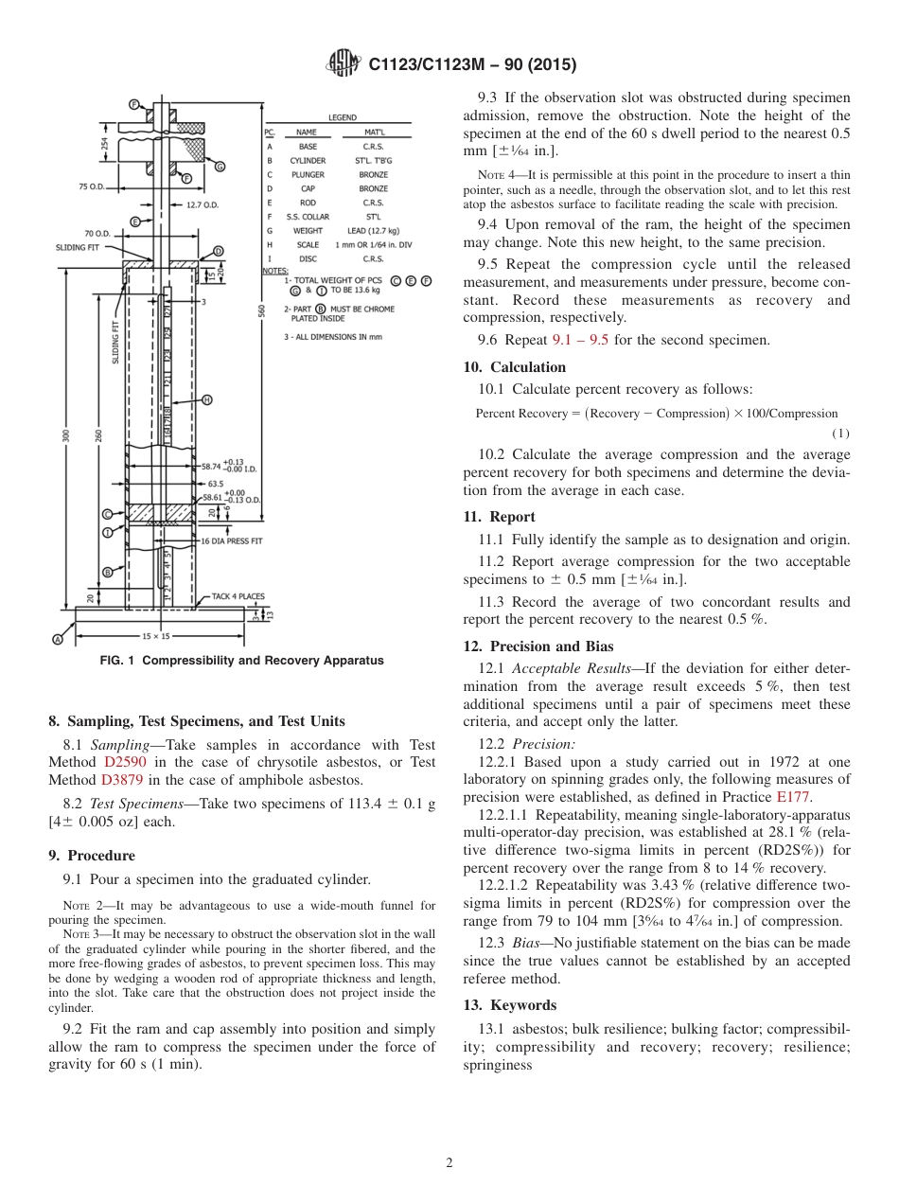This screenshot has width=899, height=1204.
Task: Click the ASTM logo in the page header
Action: (343, 63)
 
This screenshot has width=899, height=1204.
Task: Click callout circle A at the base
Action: (57, 640)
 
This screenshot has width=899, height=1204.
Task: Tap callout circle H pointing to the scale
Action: (207, 399)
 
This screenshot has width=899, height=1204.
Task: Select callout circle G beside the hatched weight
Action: (220, 167)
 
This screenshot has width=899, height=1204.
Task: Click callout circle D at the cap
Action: (219, 251)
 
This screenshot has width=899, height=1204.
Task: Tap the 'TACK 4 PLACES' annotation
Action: (238, 596)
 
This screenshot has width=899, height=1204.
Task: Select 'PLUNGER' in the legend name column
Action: (308, 175)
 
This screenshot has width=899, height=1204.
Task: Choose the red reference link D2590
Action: (123, 762)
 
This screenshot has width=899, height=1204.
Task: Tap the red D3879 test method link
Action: (121, 780)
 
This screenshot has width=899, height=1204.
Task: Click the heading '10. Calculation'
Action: (514, 367)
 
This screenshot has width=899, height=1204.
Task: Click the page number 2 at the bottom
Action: (449, 1162)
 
